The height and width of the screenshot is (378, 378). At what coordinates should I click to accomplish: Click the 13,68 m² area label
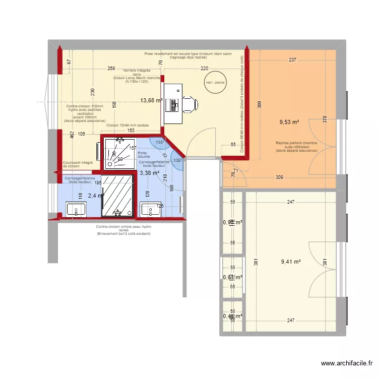pyautogui.click(x=151, y=100)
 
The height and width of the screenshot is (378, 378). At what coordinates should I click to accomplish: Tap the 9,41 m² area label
pyautogui.click(x=290, y=262)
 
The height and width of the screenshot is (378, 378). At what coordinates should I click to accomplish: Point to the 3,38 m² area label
pyautogui.click(x=149, y=172)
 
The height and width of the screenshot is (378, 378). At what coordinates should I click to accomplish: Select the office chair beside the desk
pyautogui.click(x=189, y=104)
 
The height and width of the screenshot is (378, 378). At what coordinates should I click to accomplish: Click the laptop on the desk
pyautogui.click(x=175, y=104)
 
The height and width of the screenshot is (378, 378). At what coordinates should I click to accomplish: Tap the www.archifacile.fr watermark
pyautogui.click(x=347, y=363)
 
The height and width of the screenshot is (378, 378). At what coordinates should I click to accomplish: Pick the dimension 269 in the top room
pyautogui.click(x=112, y=69)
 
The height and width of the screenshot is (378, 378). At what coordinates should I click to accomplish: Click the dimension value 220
pyautogui.click(x=204, y=69)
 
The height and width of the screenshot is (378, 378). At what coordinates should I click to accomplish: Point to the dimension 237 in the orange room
pyautogui.click(x=293, y=60)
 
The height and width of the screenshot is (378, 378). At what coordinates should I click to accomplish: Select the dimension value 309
pyautogui.click(x=279, y=177)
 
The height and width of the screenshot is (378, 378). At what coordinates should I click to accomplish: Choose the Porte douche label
pyautogui.click(x=143, y=155)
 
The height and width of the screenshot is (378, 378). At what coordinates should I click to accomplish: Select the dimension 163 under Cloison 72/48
pyautogui.click(x=130, y=131)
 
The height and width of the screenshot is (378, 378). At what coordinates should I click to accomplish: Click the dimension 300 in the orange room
pyautogui.click(x=259, y=105)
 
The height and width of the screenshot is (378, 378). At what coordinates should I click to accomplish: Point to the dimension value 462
pyautogui.click(x=72, y=136)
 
